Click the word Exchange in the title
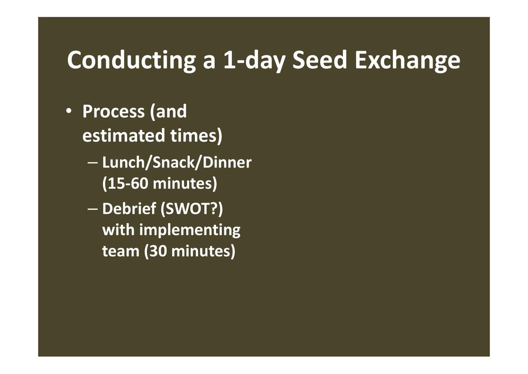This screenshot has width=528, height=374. point(407,61)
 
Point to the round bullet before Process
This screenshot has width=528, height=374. point(69,111)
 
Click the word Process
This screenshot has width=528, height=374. point(113,112)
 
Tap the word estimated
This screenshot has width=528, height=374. point(123,135)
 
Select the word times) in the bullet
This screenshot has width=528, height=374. point(196,136)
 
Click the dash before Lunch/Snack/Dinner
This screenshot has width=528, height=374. point(92,163)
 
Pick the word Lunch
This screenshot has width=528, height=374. point(123,163)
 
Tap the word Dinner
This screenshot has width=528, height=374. point(227,163)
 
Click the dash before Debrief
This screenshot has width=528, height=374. point(92,209)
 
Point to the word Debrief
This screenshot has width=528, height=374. point(129,209)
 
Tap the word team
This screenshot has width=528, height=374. point(121,252)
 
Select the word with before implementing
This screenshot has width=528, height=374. point(118,230)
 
